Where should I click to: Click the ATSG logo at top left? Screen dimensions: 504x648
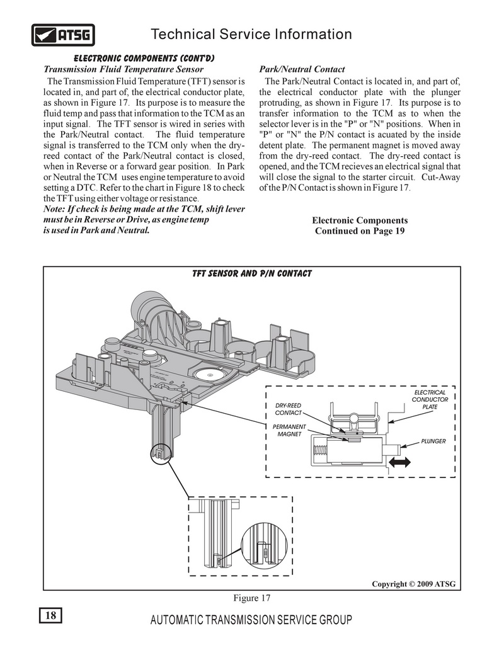pyautogui.click(x=63, y=35)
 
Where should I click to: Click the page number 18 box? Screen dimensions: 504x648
pyautogui.click(x=50, y=615)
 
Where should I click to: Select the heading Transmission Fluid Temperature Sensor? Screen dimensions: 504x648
pyautogui.click(x=123, y=69)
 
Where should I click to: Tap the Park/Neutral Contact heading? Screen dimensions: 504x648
pyautogui.click(x=302, y=69)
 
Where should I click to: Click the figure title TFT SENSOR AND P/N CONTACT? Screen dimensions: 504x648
pyautogui.click(x=252, y=273)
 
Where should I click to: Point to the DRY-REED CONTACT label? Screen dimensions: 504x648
pyautogui.click(x=288, y=409)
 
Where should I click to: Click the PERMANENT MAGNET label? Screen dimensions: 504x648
pyautogui.click(x=289, y=430)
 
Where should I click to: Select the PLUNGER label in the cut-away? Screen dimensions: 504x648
pyautogui.click(x=433, y=441)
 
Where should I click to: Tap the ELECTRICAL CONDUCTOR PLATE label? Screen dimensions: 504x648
pyautogui.click(x=430, y=400)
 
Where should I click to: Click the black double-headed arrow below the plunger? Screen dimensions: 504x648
pyautogui.click(x=399, y=462)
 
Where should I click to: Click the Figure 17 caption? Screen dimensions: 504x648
pyautogui.click(x=252, y=598)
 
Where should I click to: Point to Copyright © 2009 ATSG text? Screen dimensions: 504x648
pyautogui.click(x=413, y=584)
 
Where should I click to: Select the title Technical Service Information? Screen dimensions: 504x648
pyautogui.click(x=251, y=34)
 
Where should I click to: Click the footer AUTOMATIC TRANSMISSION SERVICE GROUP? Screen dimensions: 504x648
pyautogui.click(x=251, y=620)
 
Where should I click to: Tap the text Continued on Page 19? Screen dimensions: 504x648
pyautogui.click(x=360, y=230)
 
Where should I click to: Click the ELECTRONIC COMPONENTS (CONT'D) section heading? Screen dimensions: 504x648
pyautogui.click(x=144, y=58)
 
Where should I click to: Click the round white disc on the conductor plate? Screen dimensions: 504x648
pyautogui.click(x=210, y=375)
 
